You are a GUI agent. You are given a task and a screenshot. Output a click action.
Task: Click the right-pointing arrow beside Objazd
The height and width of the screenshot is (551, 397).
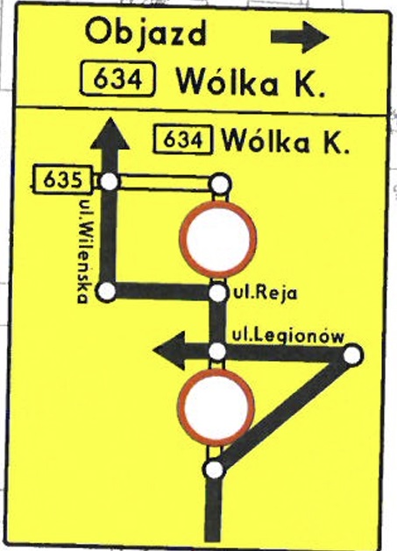300,37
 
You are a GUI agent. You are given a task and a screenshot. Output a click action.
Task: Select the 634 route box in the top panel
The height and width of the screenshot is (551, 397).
117,79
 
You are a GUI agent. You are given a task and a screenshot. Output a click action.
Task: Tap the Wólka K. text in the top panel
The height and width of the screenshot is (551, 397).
250,81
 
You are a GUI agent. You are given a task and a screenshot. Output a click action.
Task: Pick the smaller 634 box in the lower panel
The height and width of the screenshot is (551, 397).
183,139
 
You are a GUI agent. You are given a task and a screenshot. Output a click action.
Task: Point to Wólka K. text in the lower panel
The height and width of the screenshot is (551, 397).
286,141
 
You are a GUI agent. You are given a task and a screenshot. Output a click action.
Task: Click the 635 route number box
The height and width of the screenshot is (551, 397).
62,180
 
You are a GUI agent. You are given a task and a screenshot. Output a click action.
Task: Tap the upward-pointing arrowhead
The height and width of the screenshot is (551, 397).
110,133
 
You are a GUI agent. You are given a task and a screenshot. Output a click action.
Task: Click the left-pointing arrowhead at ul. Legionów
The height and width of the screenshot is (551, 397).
169,350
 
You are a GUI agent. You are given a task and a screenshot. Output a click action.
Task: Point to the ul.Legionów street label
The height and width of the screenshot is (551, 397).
288,336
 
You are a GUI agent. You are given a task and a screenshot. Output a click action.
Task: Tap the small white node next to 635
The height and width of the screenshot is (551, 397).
109,182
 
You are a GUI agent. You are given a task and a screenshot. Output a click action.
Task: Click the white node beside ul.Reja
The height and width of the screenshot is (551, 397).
218,293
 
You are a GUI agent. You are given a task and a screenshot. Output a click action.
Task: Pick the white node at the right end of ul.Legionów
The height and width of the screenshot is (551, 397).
352,355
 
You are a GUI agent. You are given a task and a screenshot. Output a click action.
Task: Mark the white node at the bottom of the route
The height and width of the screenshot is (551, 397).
214,470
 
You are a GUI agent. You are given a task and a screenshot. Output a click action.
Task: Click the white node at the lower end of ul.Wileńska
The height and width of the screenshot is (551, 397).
106,292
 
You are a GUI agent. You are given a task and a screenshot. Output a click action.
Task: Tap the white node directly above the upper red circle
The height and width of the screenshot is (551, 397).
221,184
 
